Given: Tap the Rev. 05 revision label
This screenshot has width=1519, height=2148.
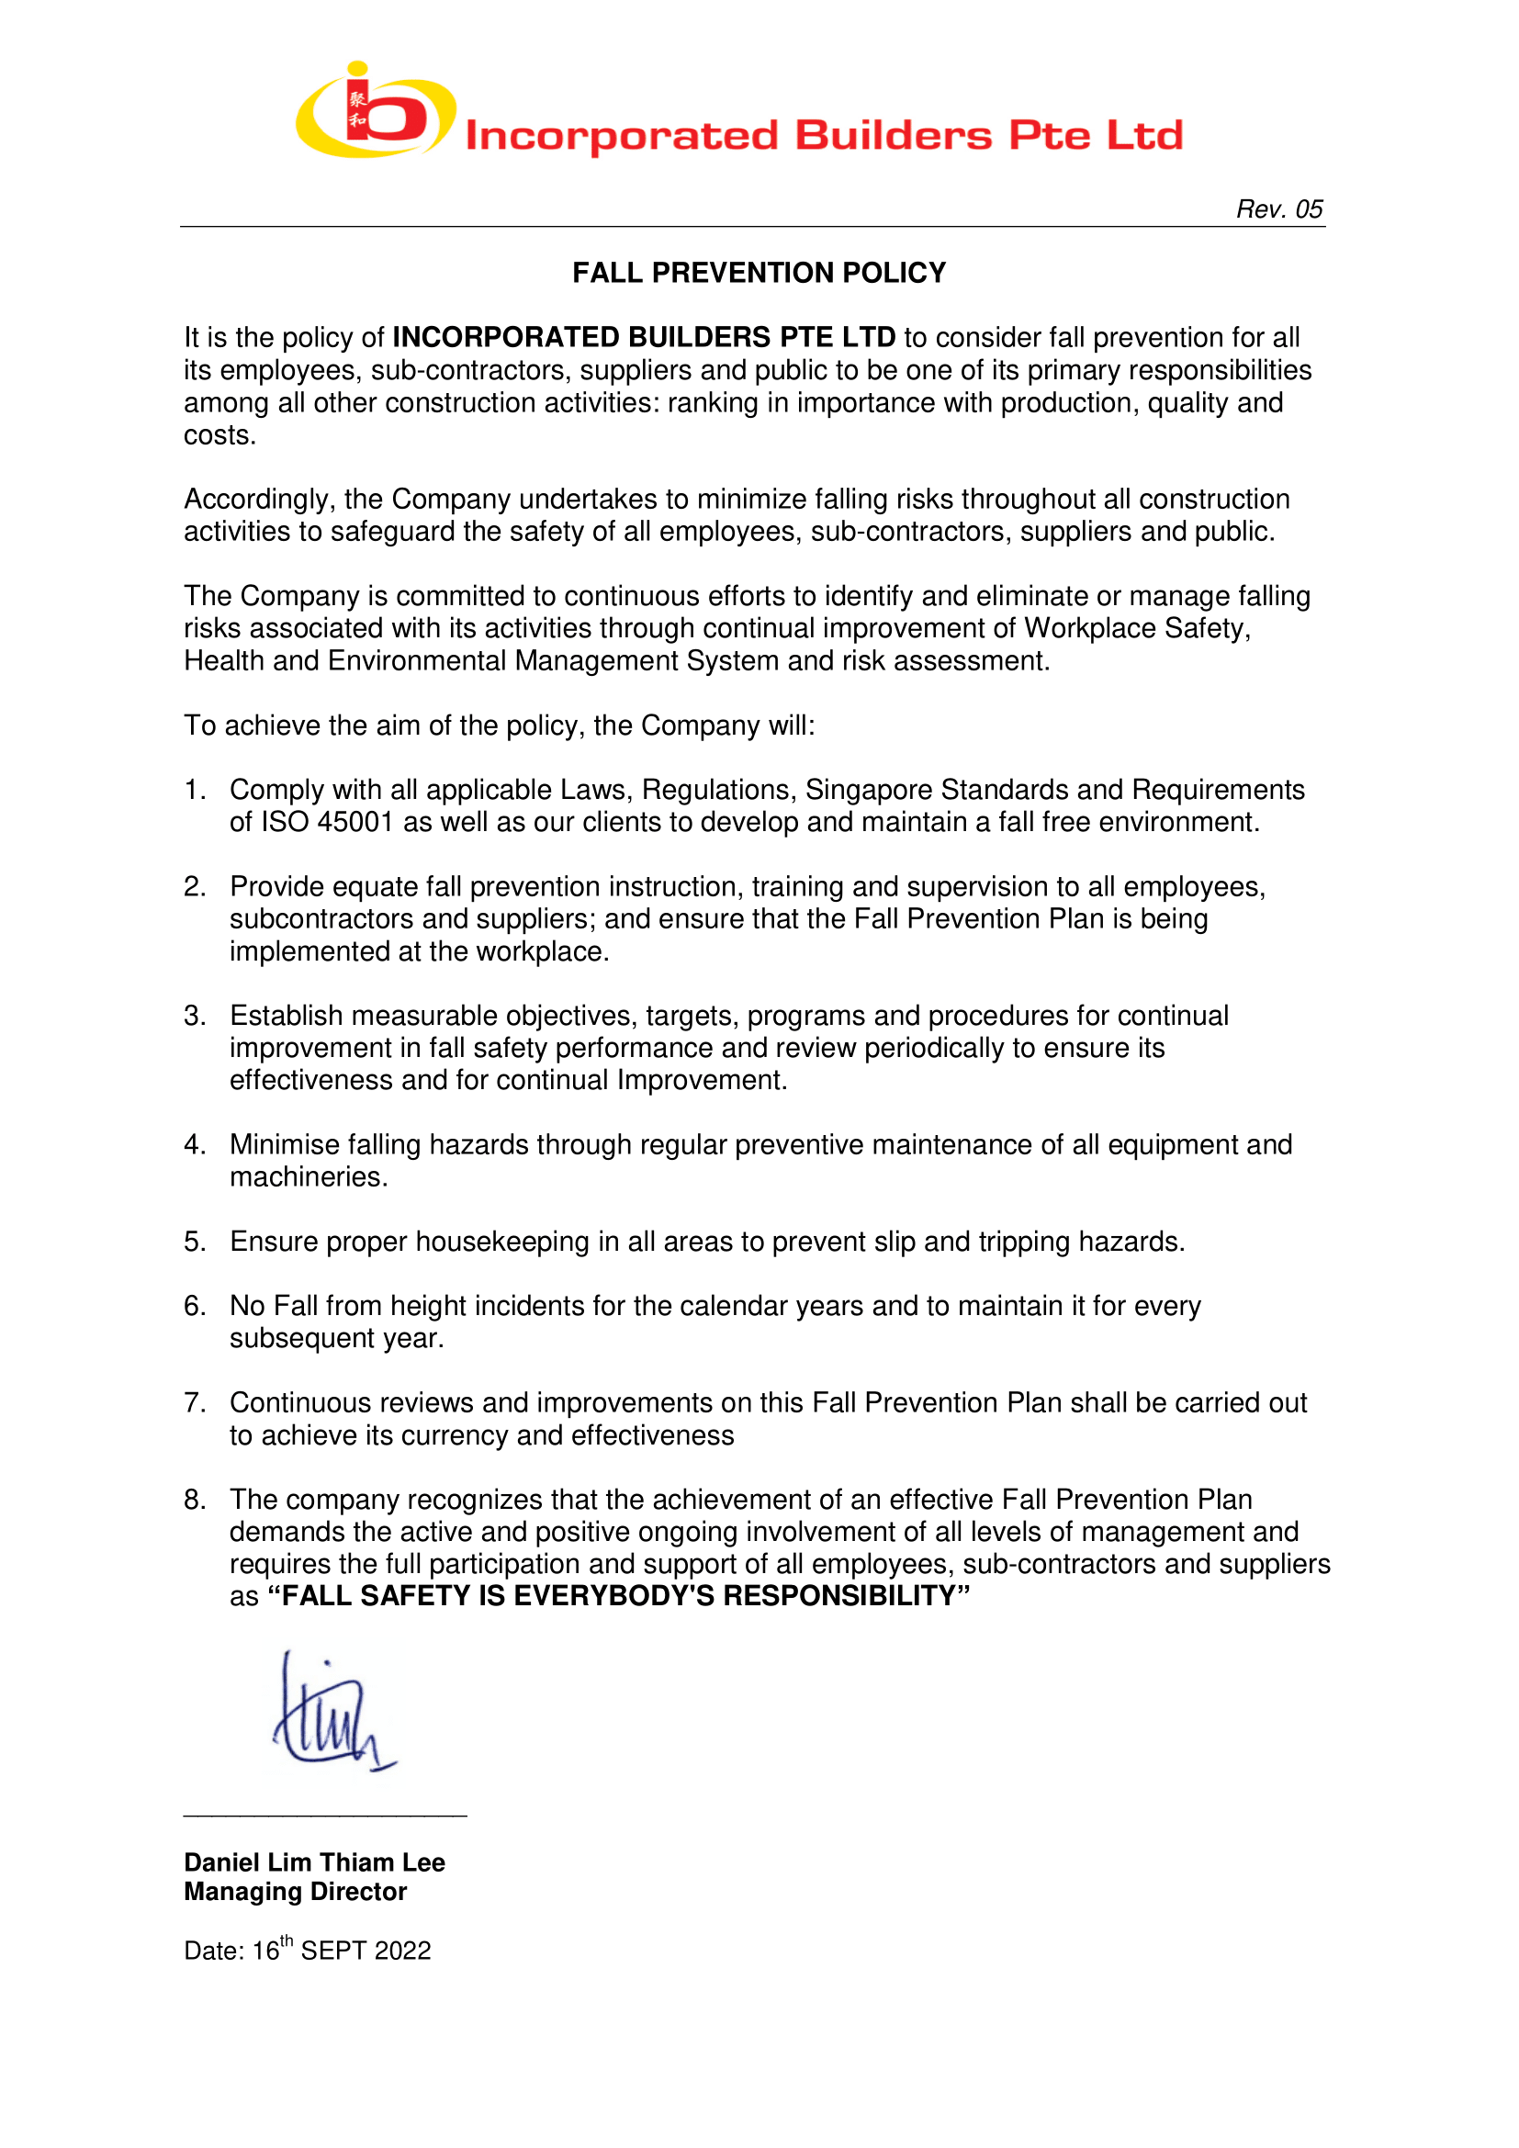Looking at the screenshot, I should [x=1278, y=209].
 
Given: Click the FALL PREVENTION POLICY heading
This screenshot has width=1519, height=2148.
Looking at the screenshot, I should [x=759, y=273].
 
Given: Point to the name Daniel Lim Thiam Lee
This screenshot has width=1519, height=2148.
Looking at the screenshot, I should [x=314, y=1862].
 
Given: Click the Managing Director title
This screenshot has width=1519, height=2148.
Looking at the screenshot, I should [x=295, y=1892].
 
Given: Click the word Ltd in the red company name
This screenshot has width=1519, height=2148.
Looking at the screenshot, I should [x=1145, y=137].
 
